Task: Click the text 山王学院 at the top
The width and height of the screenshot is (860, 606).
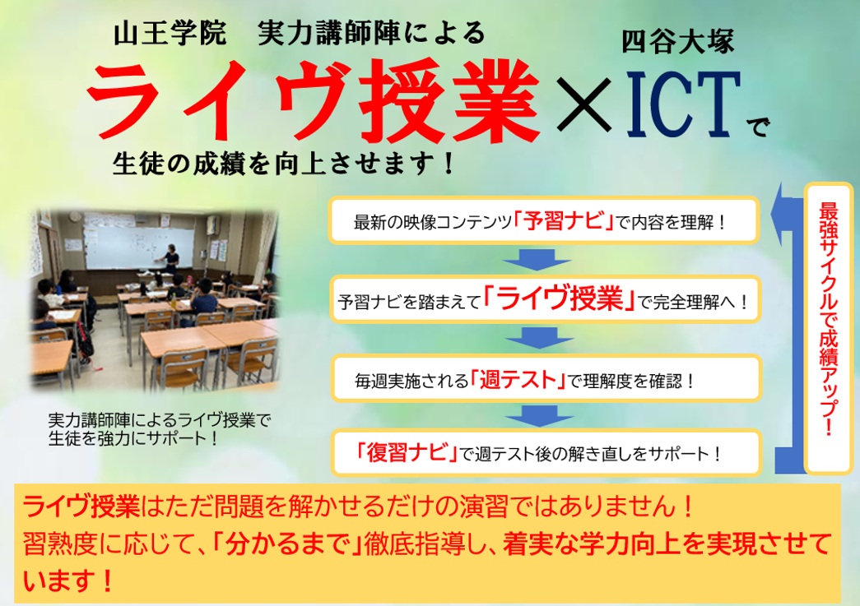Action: [170, 34]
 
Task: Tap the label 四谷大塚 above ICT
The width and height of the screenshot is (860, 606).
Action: [678, 42]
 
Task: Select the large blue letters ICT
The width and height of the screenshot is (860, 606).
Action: [683, 104]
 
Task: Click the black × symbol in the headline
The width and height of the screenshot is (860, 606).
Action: [583, 104]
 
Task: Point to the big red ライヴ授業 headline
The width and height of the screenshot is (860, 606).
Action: [314, 101]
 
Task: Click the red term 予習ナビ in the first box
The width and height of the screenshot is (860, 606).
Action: [564, 221]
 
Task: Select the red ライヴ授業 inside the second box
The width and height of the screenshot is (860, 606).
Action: [560, 300]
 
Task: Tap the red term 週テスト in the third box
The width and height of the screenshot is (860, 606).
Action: [517, 379]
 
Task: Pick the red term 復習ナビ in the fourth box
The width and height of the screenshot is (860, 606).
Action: [407, 452]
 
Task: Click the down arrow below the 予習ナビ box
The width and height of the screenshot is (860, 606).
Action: [538, 259]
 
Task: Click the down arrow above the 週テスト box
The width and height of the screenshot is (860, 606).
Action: [539, 339]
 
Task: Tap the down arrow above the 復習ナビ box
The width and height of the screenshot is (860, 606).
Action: [539, 416]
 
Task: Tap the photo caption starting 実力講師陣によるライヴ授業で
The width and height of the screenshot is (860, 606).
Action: [160, 429]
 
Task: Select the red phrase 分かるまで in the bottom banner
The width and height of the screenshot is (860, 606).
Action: [289, 544]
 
